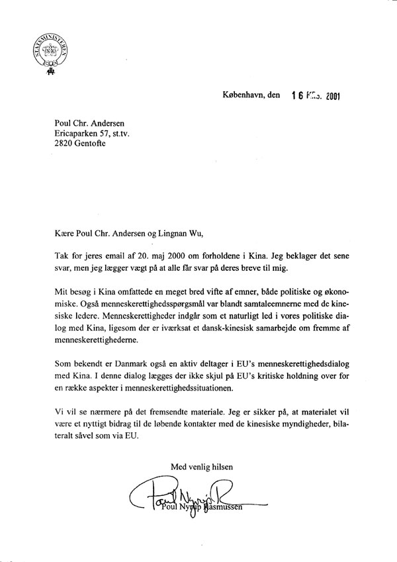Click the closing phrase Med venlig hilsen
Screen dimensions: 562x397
coord(201,467)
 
